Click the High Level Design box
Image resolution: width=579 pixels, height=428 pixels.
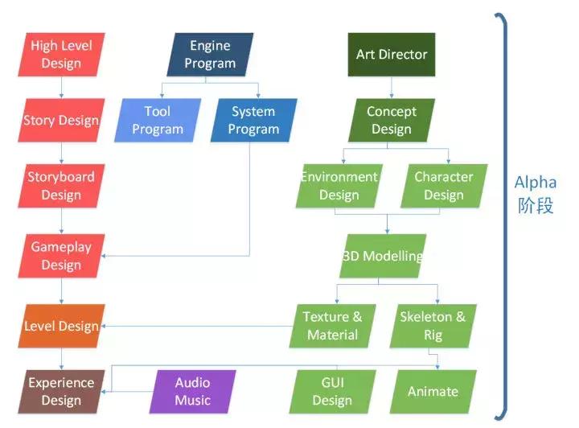61,55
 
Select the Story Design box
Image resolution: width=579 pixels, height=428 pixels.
61,121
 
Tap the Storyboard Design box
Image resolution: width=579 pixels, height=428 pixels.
61,186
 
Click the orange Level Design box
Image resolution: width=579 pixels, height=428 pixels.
61,326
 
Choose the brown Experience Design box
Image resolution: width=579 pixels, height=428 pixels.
61,392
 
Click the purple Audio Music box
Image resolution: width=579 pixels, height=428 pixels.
193,392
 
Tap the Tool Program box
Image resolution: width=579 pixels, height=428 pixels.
158,121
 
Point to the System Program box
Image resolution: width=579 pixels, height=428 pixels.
253,121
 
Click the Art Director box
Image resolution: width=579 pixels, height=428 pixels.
392,55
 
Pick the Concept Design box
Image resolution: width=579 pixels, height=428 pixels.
392,121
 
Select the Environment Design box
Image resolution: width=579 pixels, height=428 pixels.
339,186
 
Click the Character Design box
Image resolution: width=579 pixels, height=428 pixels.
444,186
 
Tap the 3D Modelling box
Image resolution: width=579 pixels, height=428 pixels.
383,257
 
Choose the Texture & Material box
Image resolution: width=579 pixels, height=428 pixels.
332,326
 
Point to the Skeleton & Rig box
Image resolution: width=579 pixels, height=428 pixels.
433,326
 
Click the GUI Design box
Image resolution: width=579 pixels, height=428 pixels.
332,392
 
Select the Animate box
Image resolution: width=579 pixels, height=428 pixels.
433,392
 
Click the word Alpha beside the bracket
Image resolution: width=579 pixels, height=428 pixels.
535,183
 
